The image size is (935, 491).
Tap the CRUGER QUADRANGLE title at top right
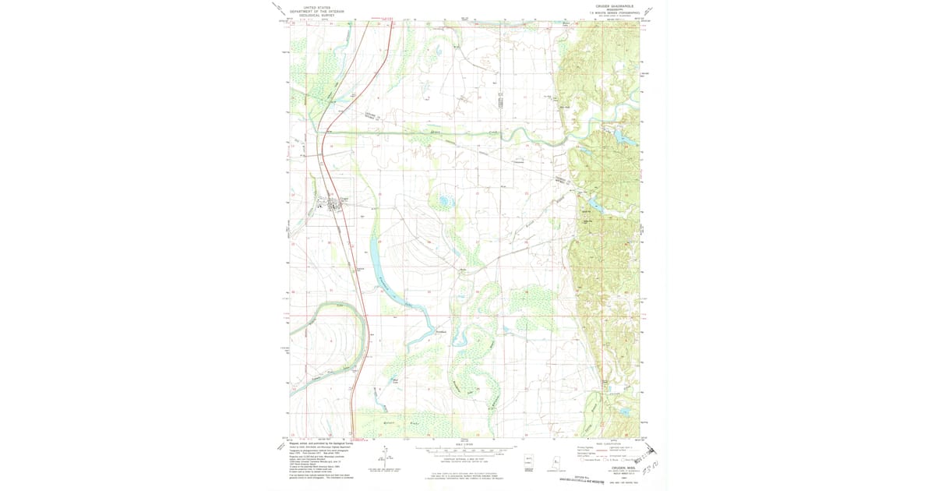[x=616, y=5]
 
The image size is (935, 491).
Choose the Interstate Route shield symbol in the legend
[x=583, y=461]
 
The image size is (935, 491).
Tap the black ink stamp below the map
[x=581, y=479]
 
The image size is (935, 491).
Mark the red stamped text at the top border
[x=383, y=18]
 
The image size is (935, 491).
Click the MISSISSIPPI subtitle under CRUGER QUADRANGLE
[x=616, y=9]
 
